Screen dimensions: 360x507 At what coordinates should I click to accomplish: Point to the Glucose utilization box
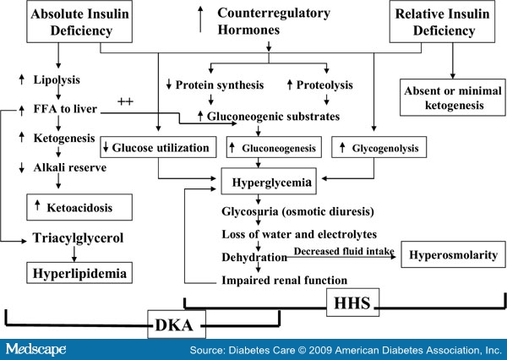click(154, 148)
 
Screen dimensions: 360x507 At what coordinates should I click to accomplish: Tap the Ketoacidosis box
click(69, 206)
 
